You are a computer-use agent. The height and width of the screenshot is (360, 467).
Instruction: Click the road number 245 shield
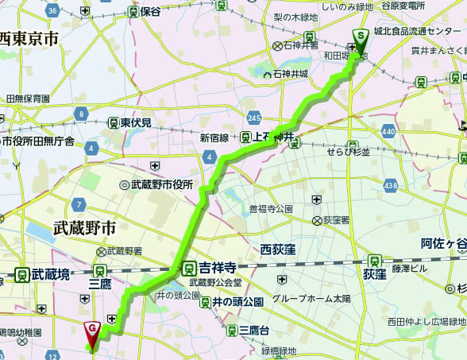[x=253, y=118]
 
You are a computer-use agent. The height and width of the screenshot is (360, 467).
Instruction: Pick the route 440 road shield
[x=388, y=130]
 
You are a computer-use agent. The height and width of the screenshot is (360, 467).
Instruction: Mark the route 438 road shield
[x=390, y=184]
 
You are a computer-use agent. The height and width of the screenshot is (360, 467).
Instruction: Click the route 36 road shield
[x=52, y=10]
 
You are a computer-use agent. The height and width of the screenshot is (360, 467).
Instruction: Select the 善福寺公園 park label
[x=271, y=208]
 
